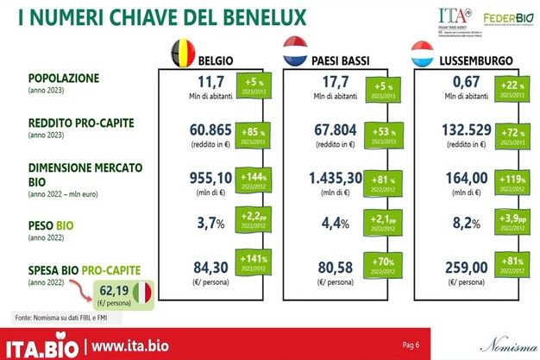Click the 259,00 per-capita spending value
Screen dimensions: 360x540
click(x=459, y=269)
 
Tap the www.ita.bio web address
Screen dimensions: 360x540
click(x=133, y=347)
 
